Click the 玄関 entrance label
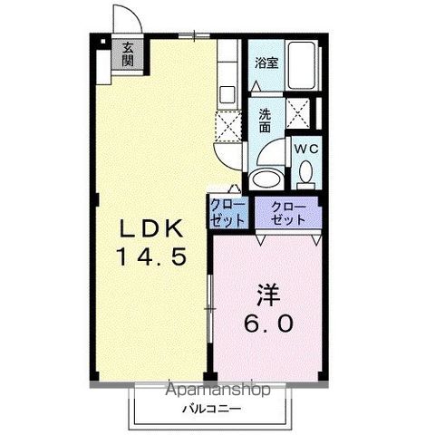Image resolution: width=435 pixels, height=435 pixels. coord(128,54)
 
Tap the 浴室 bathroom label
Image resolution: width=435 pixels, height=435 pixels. coord(266,63)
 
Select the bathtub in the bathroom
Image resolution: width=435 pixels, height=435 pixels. coord(301,65)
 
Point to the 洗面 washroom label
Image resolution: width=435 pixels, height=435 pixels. coord(265,121)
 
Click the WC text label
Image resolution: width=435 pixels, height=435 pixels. coord(306,149)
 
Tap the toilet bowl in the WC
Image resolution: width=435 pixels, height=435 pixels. coord(306,175)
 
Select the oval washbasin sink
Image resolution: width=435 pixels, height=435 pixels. coord(266,179)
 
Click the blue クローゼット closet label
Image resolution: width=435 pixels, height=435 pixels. coord(227,213)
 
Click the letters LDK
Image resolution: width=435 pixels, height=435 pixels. coord(152,228)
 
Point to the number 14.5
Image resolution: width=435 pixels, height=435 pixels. coord(151,256)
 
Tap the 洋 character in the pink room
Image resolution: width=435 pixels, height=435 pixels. coord(269,295)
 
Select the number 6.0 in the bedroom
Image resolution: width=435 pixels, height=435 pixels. coord(268,324)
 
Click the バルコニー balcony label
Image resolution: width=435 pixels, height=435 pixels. coord(211,409)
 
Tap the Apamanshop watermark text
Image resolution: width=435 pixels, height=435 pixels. coord(217,390)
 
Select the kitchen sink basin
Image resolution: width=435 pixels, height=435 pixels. coord(227,94)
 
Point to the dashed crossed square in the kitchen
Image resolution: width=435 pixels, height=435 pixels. coord(228,126)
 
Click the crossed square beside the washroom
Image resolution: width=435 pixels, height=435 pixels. coord(298,113)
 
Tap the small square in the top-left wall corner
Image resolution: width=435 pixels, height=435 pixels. coord(103,42)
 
